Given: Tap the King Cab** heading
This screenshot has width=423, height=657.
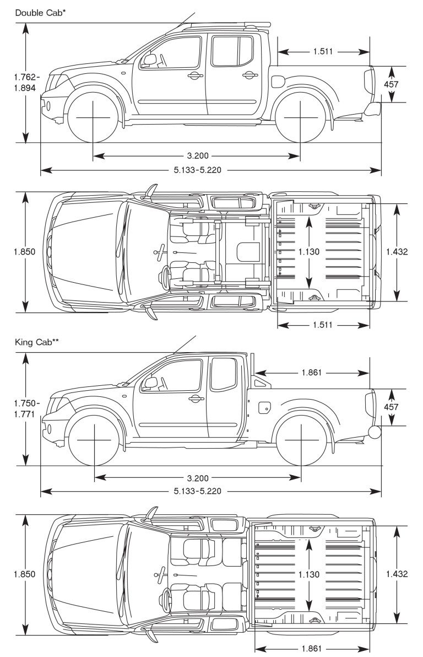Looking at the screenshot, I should click(x=37, y=342).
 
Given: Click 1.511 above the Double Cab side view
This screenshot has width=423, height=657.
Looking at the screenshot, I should click(x=323, y=52).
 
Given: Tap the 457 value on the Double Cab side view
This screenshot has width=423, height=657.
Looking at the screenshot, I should click(x=392, y=84).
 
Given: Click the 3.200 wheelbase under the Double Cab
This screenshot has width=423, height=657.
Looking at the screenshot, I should click(x=197, y=156).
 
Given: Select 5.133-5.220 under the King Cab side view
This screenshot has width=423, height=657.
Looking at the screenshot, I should click(x=197, y=491).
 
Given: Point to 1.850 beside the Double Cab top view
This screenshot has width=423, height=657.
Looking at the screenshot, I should click(x=24, y=252).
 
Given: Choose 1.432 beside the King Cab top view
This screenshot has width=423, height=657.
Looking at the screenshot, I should click(x=397, y=574).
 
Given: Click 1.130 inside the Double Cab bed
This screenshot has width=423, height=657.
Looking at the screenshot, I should click(x=308, y=252).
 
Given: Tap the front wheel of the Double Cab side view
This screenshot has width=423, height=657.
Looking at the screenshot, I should click(x=93, y=118).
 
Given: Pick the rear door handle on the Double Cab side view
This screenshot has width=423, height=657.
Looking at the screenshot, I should click(x=247, y=76).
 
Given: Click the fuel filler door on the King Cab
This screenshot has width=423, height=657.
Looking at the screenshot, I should click(x=264, y=407).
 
